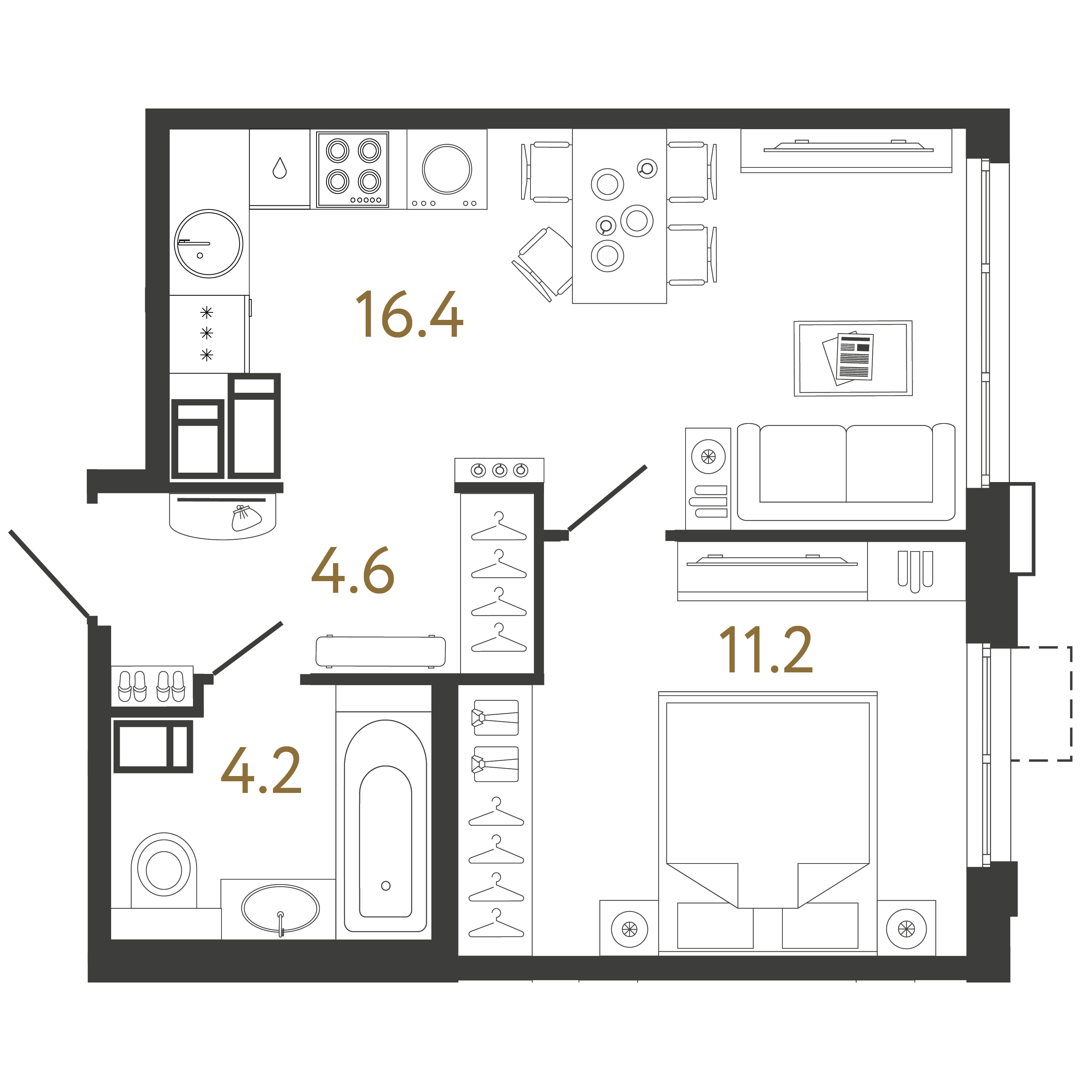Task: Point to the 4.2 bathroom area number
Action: (x=261, y=770)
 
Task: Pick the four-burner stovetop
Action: (x=353, y=169)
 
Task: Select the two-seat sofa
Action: (x=845, y=472)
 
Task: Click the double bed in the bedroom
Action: (x=767, y=819)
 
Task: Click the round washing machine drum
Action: (x=447, y=169)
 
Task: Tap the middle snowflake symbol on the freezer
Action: (x=207, y=333)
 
